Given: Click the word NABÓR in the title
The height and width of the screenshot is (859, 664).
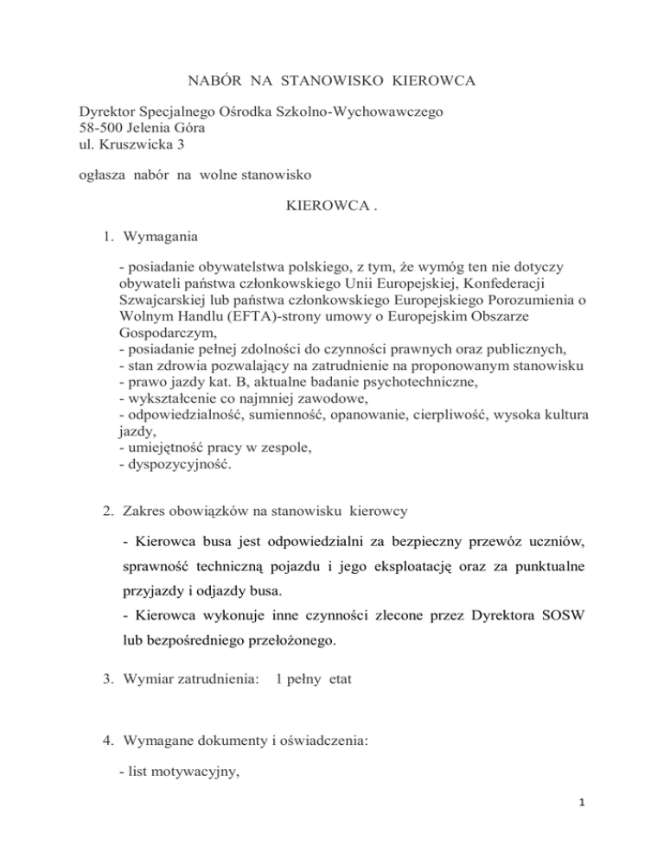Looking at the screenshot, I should tap(212, 83).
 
